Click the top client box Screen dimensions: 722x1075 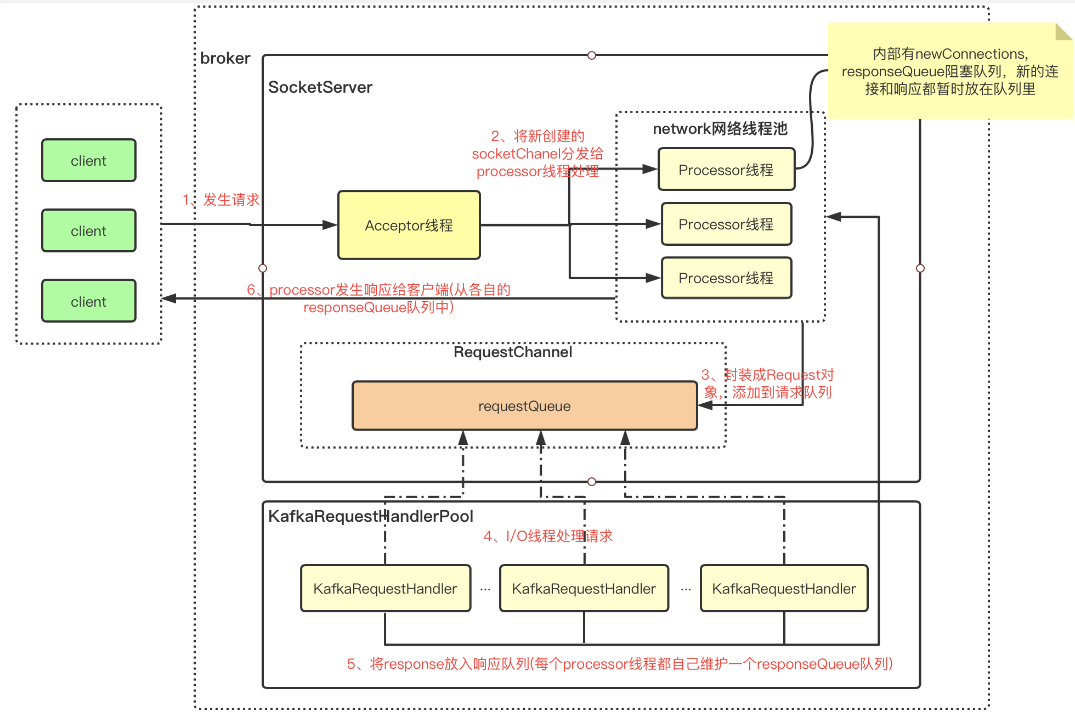pyautogui.click(x=89, y=160)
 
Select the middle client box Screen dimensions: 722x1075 pyautogui.click(x=89, y=230)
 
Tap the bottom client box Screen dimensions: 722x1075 pyautogui.click(x=89, y=301)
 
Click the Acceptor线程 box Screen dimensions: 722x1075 pyautogui.click(x=409, y=225)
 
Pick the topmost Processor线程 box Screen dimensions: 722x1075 pyautogui.click(x=726, y=170)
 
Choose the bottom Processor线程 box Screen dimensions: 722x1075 pyautogui.click(x=726, y=278)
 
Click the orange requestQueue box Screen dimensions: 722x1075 pyautogui.click(x=524, y=406)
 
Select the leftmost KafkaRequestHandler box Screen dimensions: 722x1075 pyautogui.click(x=386, y=589)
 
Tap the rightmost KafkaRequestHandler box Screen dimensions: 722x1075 pyautogui.click(x=784, y=589)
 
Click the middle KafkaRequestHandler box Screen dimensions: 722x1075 pyautogui.click(x=584, y=589)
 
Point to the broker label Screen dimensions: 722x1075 pyautogui.click(x=225, y=58)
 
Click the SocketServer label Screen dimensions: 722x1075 pyautogui.click(x=320, y=87)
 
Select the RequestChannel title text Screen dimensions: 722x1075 pyautogui.click(x=513, y=352)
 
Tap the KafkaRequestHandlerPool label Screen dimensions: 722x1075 pyautogui.click(x=370, y=516)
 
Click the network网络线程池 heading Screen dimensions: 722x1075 pyautogui.click(x=720, y=129)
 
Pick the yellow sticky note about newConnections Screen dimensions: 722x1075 pyautogui.click(x=950, y=71)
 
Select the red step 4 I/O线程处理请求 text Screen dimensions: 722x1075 pyautogui.click(x=547, y=536)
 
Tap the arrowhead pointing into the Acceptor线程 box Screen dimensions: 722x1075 pyautogui.click(x=330, y=225)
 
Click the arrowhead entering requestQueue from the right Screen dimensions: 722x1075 pyautogui.click(x=705, y=405)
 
